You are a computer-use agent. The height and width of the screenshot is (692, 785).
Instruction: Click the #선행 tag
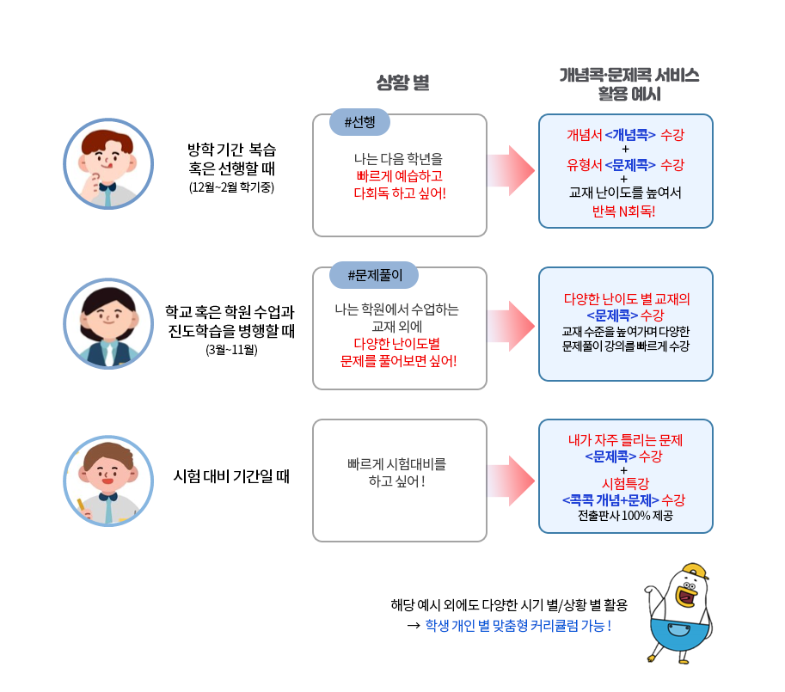[x=359, y=122]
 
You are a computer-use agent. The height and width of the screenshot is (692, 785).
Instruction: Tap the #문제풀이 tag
[x=374, y=275]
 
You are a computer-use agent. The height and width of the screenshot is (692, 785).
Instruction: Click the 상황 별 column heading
[x=403, y=83]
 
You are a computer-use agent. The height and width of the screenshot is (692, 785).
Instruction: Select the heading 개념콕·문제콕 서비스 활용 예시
[x=629, y=84]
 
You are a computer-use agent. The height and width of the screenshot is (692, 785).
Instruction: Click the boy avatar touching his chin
[x=108, y=163]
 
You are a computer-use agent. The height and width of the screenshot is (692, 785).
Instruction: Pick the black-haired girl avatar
[x=108, y=324]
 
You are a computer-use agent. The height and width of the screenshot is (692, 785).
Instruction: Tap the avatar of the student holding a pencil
[x=108, y=481]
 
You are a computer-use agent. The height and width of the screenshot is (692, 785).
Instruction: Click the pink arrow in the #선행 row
[x=511, y=170]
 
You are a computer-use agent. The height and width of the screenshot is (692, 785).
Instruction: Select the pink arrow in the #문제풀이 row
[x=511, y=327]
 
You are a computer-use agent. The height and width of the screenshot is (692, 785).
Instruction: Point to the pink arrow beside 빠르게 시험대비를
[x=511, y=481]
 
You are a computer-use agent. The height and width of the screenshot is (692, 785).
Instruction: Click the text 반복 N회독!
[x=624, y=211]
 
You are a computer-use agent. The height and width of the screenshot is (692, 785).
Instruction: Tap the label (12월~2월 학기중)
[x=231, y=187]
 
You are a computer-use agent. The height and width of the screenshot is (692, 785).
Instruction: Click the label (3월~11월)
[x=231, y=349]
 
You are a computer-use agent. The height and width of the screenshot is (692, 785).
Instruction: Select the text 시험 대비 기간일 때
[x=231, y=476]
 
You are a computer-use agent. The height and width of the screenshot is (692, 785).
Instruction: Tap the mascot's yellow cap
[x=696, y=571]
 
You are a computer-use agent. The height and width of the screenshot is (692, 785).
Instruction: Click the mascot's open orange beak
[x=686, y=597]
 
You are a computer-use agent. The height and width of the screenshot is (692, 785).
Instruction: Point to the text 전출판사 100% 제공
[x=625, y=516]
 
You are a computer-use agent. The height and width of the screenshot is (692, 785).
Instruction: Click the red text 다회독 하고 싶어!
[x=400, y=193]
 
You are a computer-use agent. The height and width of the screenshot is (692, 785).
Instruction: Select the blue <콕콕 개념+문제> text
[x=610, y=499]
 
